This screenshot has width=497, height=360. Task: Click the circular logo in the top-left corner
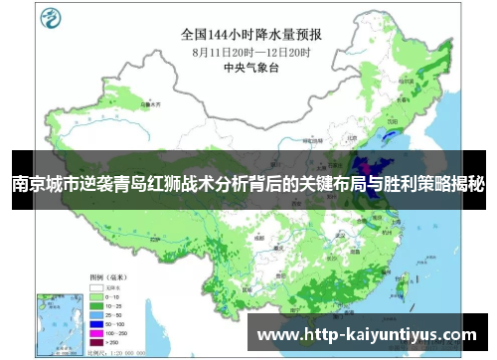point(48,19)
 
